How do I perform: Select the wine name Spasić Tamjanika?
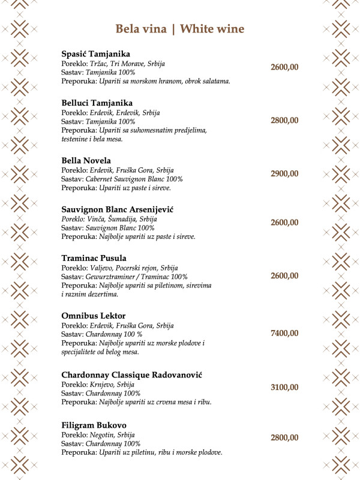coord(95,54)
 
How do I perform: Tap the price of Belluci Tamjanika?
coord(284,121)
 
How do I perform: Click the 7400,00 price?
coord(284,333)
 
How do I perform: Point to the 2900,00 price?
coord(284,173)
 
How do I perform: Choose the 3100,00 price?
coord(284,387)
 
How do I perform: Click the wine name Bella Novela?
coord(86,161)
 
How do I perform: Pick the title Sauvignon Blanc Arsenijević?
coord(113,209)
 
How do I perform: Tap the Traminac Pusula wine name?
coord(94,258)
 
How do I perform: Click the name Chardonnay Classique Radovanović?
coord(131,375)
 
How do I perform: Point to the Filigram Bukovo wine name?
coord(94,425)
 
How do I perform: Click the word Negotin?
coord(104,435)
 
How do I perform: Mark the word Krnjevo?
coord(104,385)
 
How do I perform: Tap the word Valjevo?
coord(101,268)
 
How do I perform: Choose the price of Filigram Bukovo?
coord(284,437)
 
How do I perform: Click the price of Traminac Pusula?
coord(284,275)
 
